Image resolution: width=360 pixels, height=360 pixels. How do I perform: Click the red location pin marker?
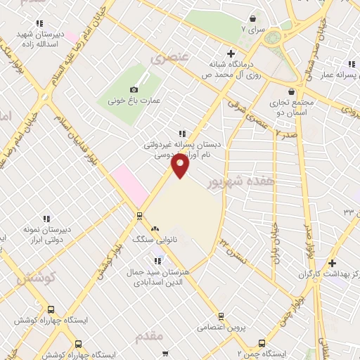click(180, 166)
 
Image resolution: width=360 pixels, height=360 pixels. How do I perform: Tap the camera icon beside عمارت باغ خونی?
click(134, 89)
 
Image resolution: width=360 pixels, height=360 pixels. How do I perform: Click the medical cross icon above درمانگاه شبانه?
click(231, 53)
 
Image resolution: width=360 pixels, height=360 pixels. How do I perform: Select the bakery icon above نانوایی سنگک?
click(155, 229)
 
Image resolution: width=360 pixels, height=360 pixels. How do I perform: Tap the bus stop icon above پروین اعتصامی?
click(221, 316)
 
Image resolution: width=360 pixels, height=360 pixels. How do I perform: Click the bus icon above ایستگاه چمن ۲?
click(262, 343)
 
